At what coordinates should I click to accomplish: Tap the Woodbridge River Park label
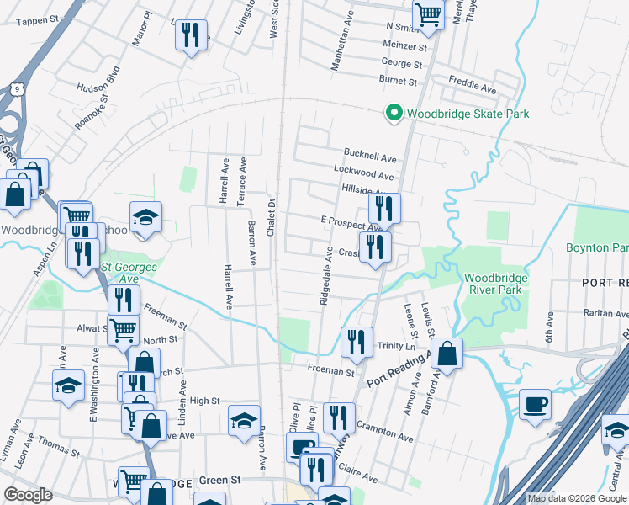[x=493, y=284]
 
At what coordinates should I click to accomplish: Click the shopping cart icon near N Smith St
[x=428, y=15]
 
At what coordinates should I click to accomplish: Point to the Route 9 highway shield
[x=18, y=87]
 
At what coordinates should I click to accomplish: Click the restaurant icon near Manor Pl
[x=190, y=35]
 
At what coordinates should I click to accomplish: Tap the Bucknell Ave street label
[x=369, y=157]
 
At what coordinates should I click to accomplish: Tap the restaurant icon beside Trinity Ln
[x=357, y=342]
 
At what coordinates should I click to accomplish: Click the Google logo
[x=29, y=495]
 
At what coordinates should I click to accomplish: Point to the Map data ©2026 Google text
[x=576, y=498]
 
